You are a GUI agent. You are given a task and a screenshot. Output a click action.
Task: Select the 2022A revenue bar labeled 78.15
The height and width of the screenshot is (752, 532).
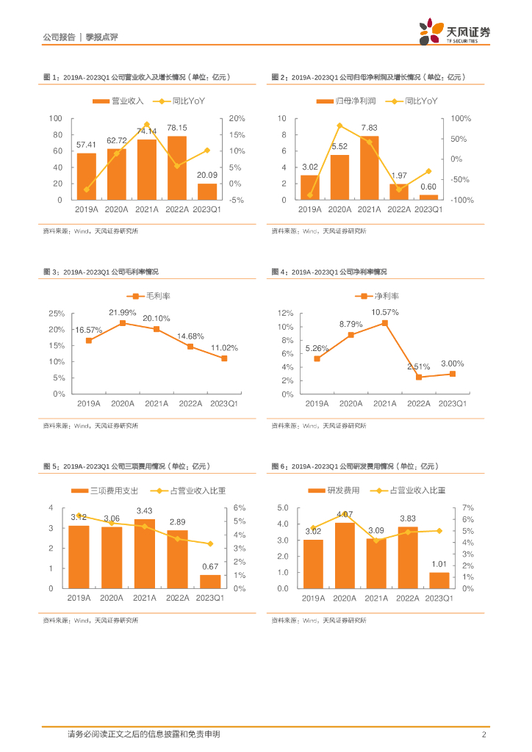[x=177, y=168]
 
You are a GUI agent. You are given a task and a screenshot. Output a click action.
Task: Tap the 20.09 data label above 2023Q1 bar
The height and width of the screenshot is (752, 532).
[x=207, y=176]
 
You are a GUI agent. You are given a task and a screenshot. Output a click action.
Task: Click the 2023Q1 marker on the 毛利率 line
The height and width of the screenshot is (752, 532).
[x=224, y=358]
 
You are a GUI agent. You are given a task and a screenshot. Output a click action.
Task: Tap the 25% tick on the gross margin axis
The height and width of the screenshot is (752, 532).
[x=57, y=313]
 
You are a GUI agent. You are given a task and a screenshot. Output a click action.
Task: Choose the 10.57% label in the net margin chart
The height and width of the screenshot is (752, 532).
[x=384, y=312]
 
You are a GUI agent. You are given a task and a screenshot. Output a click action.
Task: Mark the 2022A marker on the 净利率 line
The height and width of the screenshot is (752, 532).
[x=419, y=377]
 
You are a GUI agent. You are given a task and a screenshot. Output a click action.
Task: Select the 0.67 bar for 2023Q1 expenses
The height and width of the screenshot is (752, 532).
[x=210, y=582]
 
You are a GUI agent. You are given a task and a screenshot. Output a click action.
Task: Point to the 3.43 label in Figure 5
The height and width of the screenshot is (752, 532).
[x=144, y=510]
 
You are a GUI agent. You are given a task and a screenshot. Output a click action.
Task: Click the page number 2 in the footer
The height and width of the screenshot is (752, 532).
[x=483, y=734]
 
